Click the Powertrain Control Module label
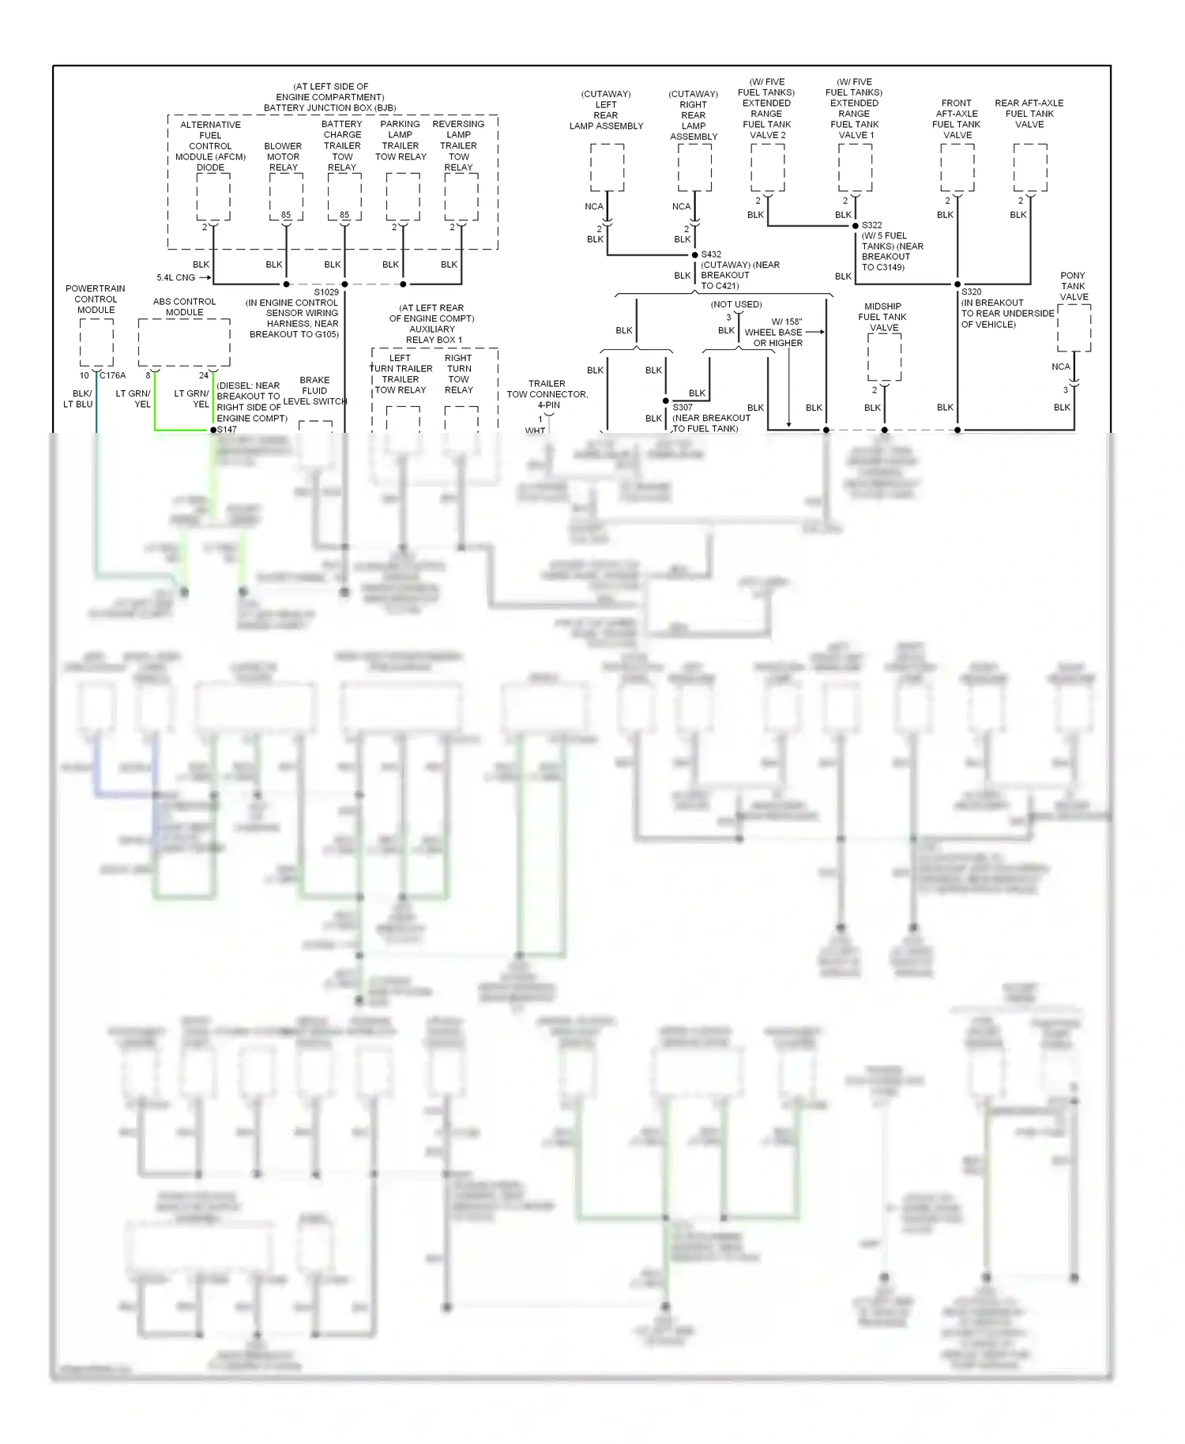click(96, 299)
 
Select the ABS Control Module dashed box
click(184, 343)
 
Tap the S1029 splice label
click(326, 292)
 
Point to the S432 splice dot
click(694, 255)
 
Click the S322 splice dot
click(855, 226)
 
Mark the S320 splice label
click(972, 292)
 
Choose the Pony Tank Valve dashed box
click(1074, 328)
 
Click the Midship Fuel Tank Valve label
click(882, 317)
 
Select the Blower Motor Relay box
click(286, 196)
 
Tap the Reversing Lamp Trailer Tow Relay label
click(458, 145)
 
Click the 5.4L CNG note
click(175, 278)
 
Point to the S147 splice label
click(228, 430)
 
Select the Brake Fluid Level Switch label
click(314, 390)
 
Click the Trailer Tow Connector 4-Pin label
click(547, 394)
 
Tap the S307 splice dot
click(666, 401)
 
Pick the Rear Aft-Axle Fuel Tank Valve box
click(1030, 167)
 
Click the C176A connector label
click(113, 375)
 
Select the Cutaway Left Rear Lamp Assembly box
click(607, 167)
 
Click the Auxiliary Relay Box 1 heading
click(432, 324)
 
